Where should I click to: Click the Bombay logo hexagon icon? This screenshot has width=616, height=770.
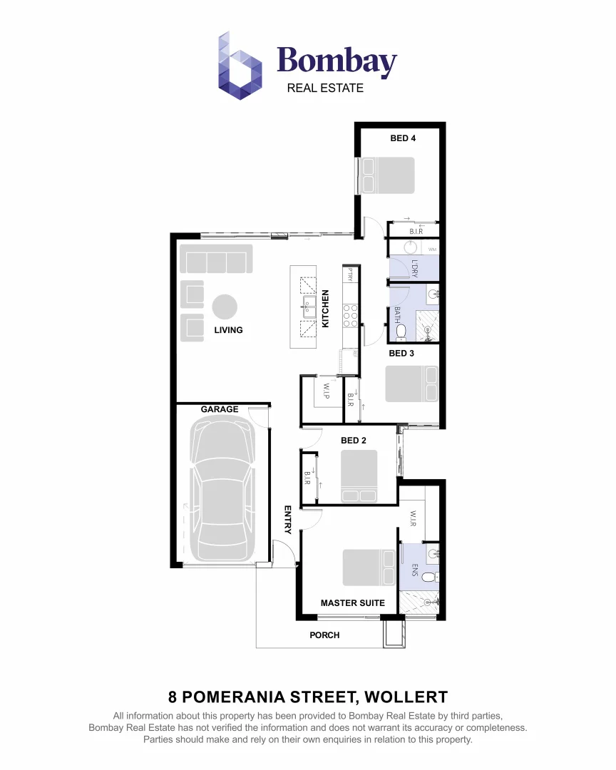tap(240, 66)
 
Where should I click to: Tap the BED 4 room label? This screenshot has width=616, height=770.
tap(403, 138)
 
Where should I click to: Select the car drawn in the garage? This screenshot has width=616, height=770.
tap(222, 490)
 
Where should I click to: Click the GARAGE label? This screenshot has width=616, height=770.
tap(220, 410)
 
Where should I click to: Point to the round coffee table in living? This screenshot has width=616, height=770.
tap(225, 307)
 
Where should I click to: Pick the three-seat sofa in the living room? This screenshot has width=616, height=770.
tap(216, 259)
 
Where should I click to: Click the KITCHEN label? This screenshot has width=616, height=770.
tap(326, 308)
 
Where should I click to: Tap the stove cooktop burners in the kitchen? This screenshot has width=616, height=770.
tap(351, 314)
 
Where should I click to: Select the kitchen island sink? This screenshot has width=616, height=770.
tap(309, 308)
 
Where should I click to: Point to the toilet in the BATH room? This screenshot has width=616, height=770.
tap(401, 331)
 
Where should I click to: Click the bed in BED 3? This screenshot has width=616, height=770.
tap(411, 384)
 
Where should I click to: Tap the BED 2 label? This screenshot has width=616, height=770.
tap(353, 441)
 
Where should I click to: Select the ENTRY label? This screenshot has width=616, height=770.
tap(288, 519)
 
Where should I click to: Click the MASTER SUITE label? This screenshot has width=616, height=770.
tap(352, 603)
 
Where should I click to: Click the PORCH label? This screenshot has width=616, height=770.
tap(324, 635)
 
